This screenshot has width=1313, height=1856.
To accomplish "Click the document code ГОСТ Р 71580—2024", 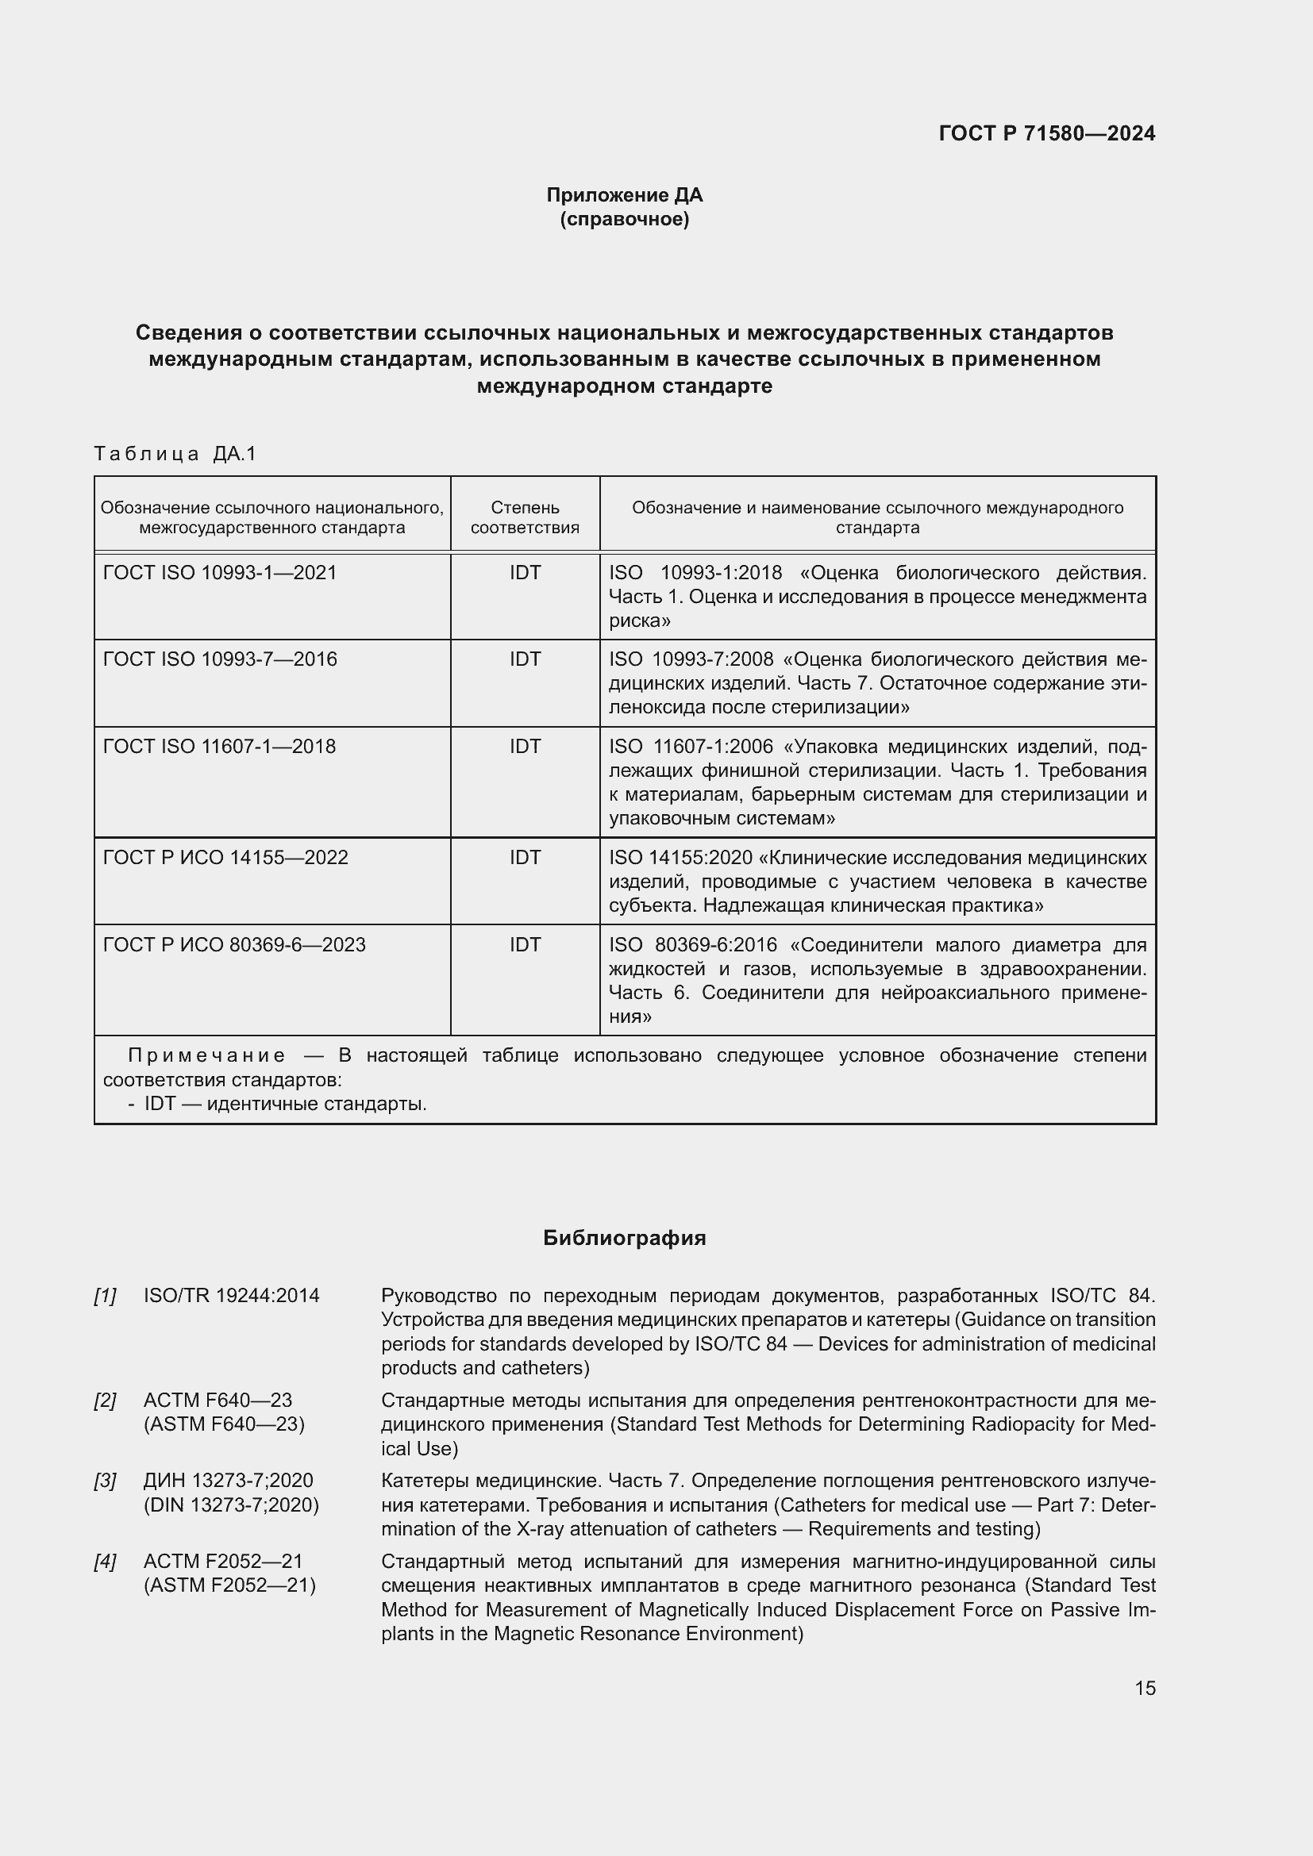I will coord(1047,133).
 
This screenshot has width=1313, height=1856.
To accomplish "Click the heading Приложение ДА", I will coord(624,195).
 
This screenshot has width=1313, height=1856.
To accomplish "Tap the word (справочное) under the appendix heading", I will coord(624,219).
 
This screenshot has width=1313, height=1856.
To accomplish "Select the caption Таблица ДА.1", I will coord(175,454).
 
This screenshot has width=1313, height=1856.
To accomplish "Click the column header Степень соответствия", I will coord(525,517).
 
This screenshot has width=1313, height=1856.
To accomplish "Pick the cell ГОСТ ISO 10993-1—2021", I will coord(220,573).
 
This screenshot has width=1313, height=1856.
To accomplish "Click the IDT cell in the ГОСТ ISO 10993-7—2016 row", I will coord(525,659).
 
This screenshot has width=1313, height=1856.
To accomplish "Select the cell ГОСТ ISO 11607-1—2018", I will coord(219,746).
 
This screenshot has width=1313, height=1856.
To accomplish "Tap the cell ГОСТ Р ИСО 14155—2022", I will coord(225,858).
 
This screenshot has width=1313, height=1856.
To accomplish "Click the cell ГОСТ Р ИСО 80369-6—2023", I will coord(234,945).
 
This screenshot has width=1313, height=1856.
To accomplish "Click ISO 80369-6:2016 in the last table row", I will coord(692,945).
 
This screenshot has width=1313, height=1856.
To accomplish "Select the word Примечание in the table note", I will coord(207,1055).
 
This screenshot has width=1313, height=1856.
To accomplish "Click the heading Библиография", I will coord(624,1239).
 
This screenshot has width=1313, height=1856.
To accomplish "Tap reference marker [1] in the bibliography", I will coord(105,1296).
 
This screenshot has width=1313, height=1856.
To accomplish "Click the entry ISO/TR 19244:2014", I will coord(231,1296).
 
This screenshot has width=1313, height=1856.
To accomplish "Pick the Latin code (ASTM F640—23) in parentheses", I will coord(224,1424).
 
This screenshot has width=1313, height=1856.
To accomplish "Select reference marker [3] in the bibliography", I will coord(105,1481).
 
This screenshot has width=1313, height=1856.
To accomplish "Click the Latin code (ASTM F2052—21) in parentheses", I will coord(229,1585).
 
